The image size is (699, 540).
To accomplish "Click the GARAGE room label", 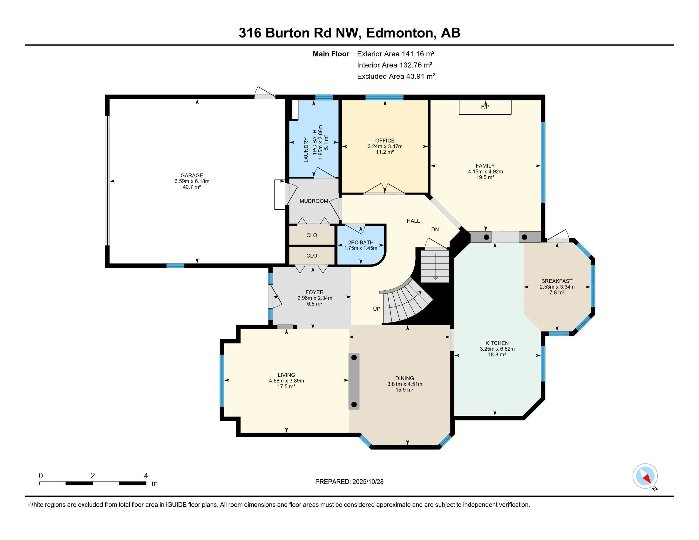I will coord(192,175).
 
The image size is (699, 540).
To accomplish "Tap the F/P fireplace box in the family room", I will coord(485,107).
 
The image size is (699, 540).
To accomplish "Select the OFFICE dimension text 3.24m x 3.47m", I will coord(385,146).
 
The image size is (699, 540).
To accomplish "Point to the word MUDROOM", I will coord(314,201).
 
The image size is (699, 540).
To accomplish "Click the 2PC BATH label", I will coord(361,242).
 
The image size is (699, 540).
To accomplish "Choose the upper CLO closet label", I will coord(311,235).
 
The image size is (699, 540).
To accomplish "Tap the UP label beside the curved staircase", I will coord(377,309).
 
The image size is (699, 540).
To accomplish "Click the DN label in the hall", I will coord(435,229).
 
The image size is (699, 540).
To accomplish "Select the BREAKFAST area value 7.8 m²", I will coord(557,292).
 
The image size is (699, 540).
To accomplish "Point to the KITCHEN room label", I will coord(497,343).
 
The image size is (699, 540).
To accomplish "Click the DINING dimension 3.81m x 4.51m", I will coord(404,384).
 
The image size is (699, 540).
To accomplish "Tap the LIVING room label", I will coord(286,375).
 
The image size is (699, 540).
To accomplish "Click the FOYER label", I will coord(314,292).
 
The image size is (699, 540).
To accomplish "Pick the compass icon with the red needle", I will coord(645,476).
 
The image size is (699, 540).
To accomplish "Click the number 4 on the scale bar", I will coord(146,476).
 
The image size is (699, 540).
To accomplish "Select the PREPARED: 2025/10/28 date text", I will coord(349,482).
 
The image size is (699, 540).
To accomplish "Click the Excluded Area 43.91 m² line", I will coord(396,77).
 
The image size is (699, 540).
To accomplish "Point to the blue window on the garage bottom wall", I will coord(175,266).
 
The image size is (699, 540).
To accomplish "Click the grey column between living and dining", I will coord(354,381).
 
